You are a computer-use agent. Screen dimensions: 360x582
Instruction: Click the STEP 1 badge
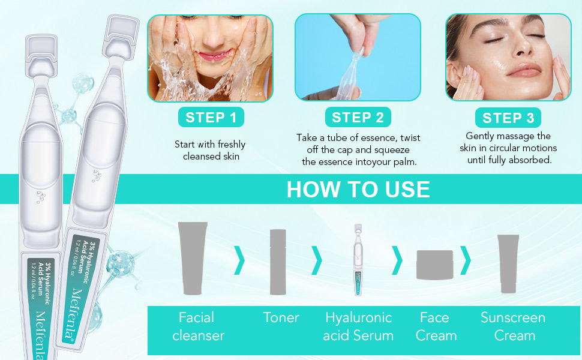pos(211,118)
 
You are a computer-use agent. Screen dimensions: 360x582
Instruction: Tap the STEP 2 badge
pos(358,118)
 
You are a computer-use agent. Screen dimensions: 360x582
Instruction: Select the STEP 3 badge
pos(508,118)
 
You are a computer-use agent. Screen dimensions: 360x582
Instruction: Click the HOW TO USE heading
pos(358,190)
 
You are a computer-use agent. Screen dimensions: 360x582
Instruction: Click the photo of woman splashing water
pos(211,58)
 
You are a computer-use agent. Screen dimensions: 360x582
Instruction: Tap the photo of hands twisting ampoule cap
pos(358,58)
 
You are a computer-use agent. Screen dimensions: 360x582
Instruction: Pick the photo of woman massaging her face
pos(508,58)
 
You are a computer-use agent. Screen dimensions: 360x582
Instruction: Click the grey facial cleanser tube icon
pos(193,258)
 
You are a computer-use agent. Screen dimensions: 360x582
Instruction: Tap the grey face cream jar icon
pos(434,265)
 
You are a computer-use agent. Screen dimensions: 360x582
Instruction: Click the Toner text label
pos(281,317)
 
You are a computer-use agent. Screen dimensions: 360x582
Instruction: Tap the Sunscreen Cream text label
pos(513,326)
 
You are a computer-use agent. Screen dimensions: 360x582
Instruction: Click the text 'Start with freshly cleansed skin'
pos(211,150)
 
